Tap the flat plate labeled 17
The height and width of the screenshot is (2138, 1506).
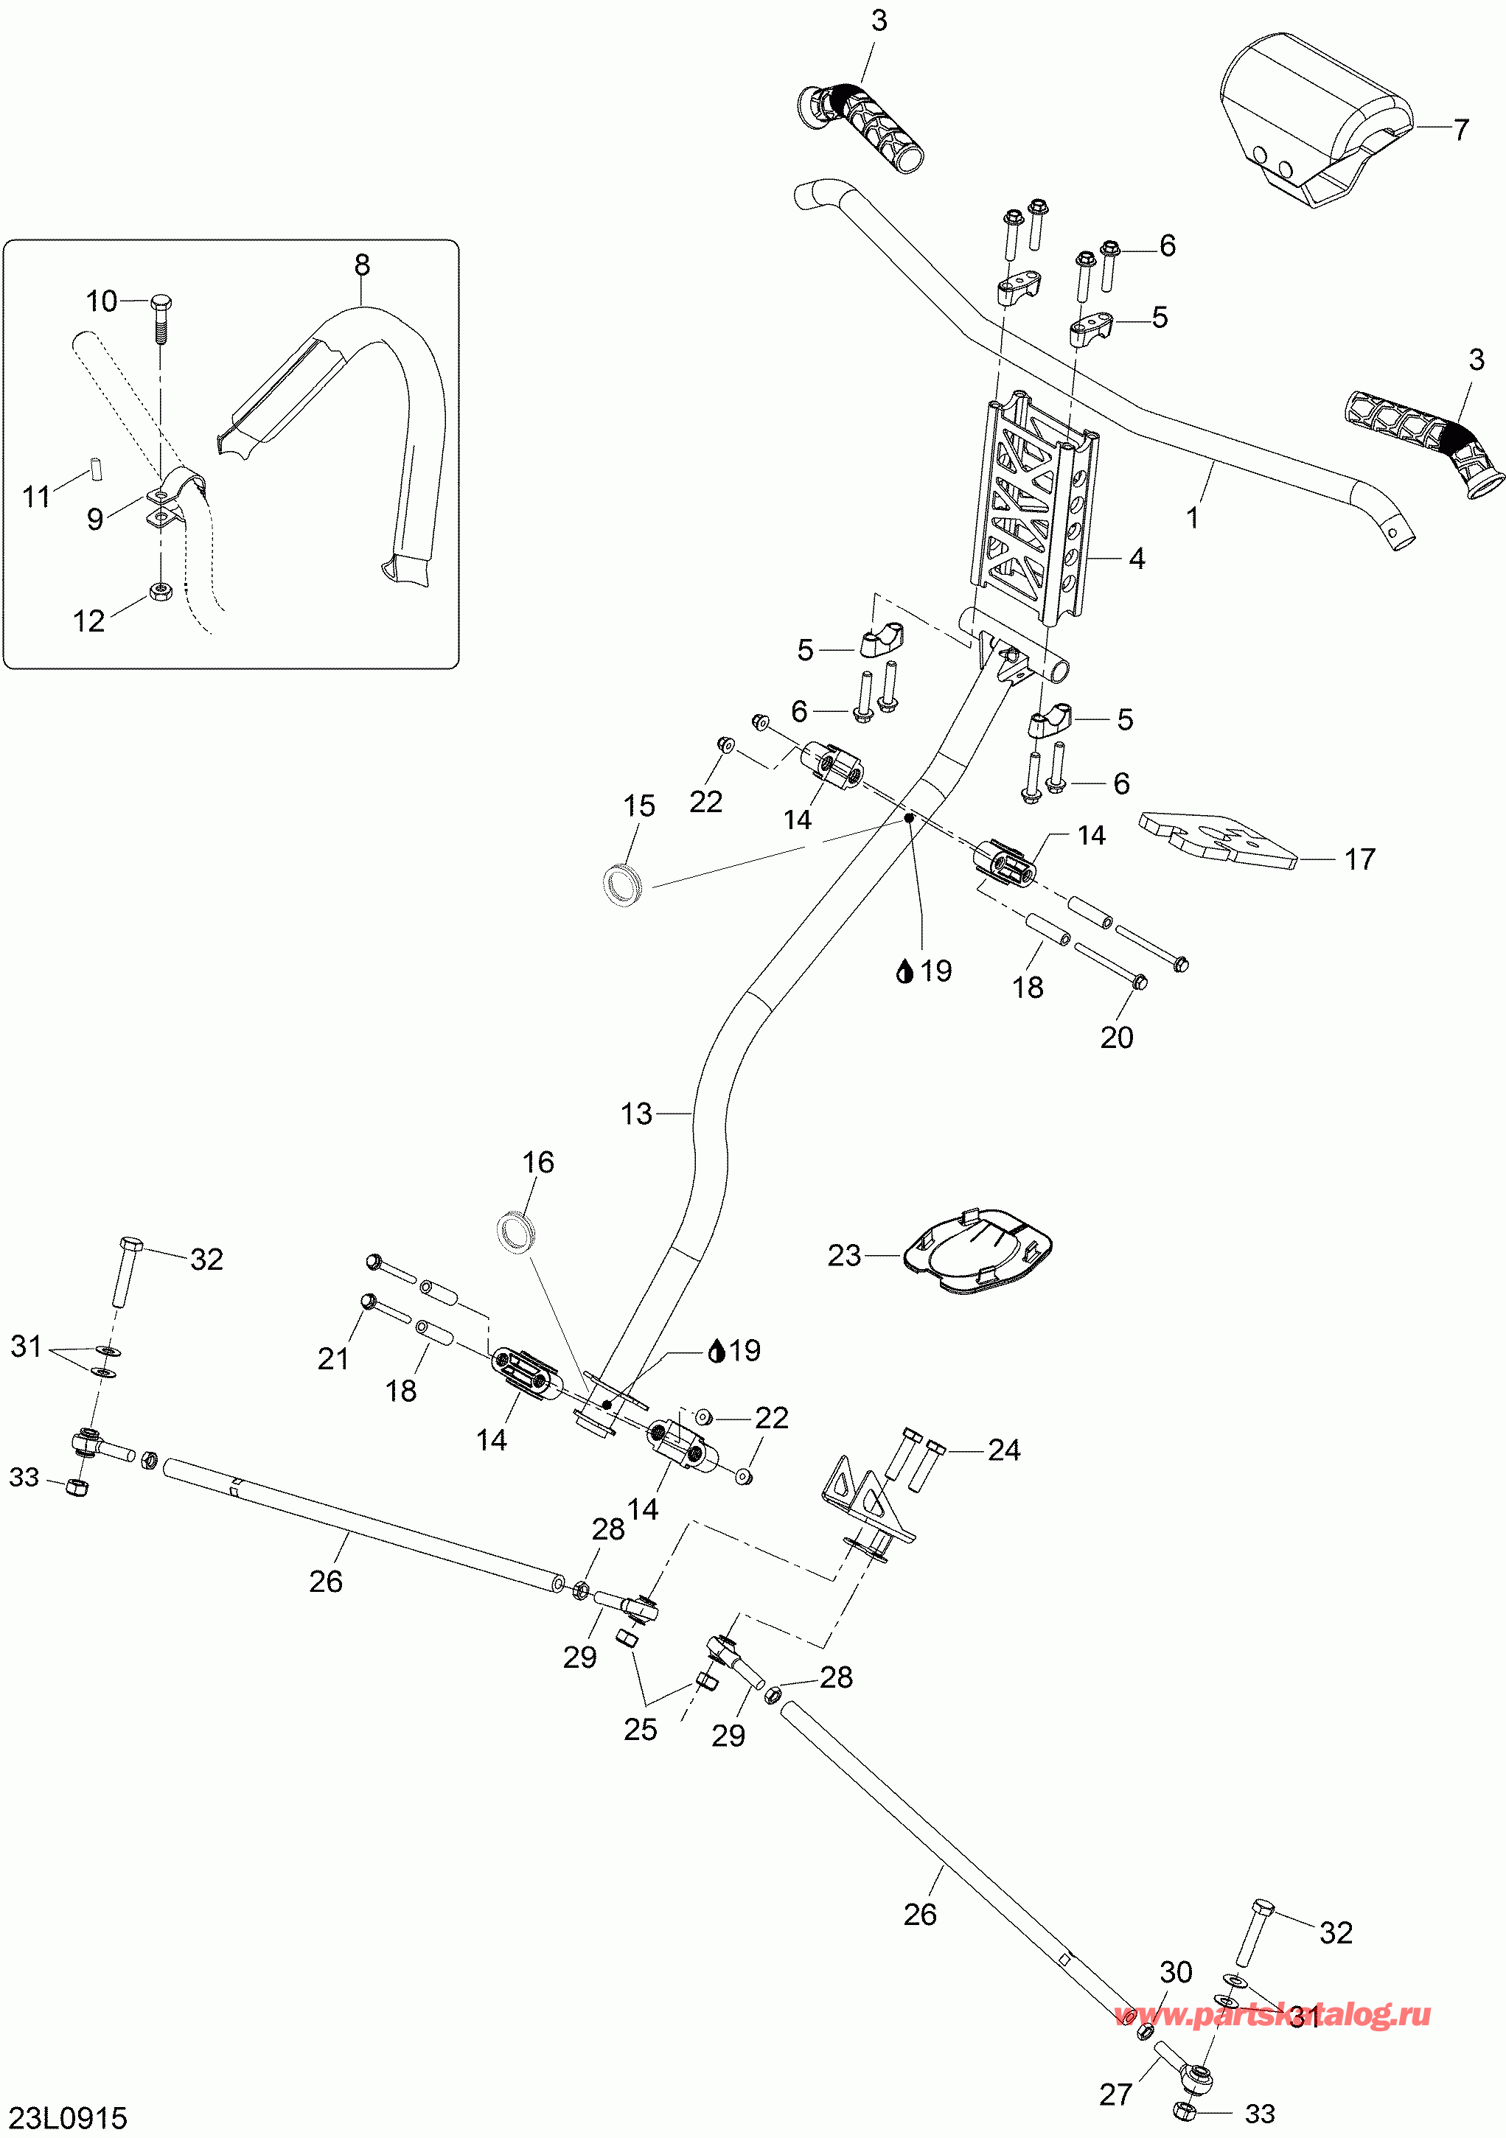[x=1216, y=838]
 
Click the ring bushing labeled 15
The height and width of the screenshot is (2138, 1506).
[x=622, y=884]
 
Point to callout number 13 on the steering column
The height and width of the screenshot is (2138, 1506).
[x=636, y=1114]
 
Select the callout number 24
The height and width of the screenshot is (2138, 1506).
[x=1003, y=1450]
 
